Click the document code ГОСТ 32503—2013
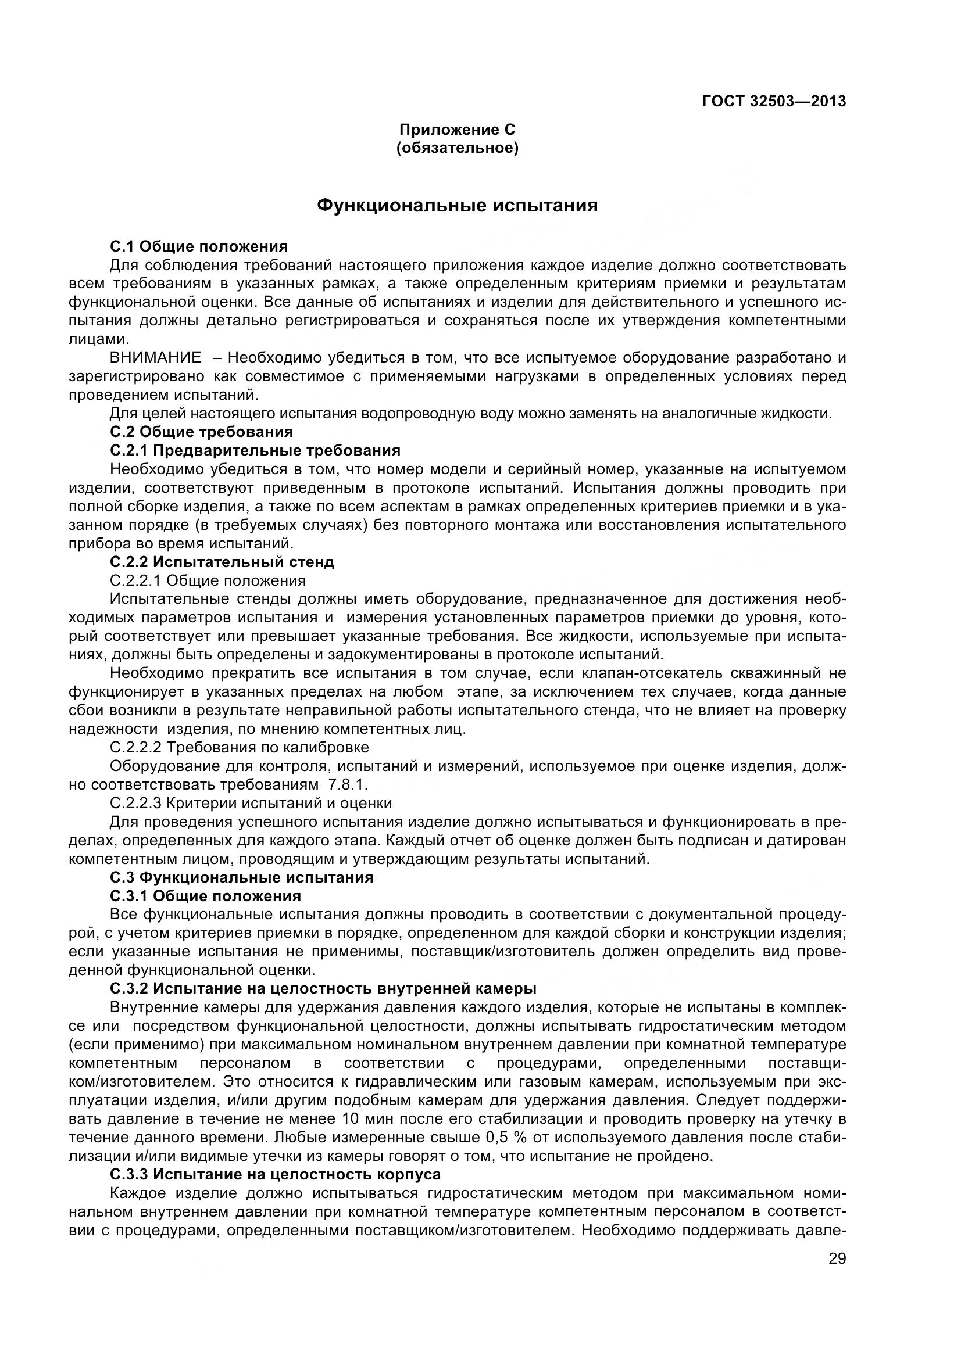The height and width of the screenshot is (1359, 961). (x=773, y=101)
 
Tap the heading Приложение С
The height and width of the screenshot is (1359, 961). (x=457, y=129)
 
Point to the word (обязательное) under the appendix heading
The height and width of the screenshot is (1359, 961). (x=457, y=148)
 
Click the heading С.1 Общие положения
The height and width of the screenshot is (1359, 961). (x=199, y=246)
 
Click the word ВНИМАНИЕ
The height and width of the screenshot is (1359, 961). (x=156, y=357)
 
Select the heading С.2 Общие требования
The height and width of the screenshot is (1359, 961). (x=201, y=432)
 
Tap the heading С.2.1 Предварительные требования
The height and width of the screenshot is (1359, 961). (x=255, y=450)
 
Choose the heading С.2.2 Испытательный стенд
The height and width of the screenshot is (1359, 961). (x=222, y=562)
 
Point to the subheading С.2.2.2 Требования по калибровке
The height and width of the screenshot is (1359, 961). (x=239, y=747)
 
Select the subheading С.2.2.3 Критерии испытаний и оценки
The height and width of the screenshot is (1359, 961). (x=251, y=803)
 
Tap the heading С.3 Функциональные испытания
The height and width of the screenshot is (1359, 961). (x=242, y=877)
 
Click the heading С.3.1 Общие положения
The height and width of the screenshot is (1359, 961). (x=205, y=895)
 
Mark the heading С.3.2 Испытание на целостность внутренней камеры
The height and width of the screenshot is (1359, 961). (x=323, y=988)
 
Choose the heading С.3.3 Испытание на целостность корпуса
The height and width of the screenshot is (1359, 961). (x=276, y=1174)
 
